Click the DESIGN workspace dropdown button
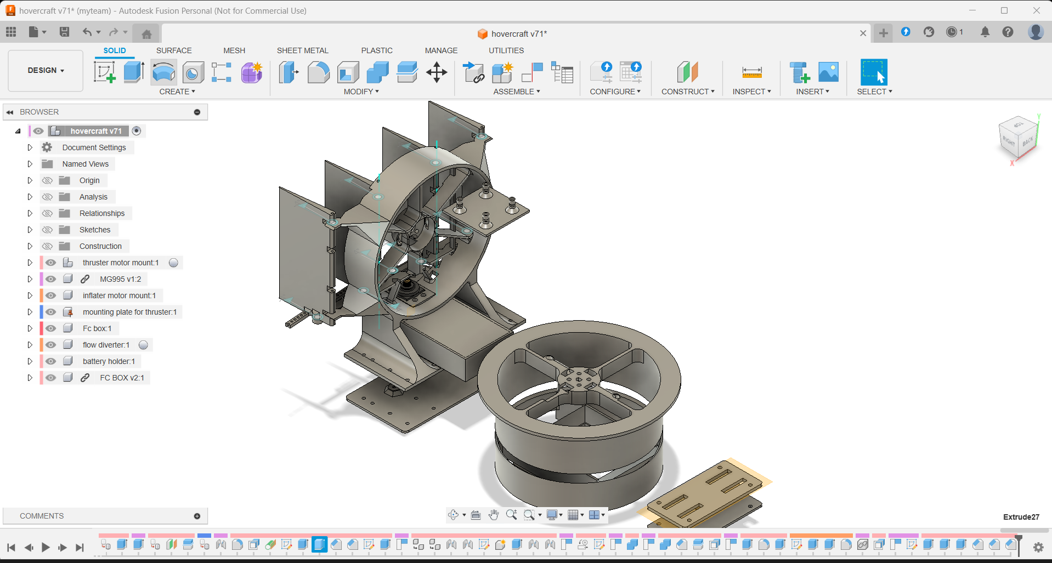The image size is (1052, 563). [46, 70]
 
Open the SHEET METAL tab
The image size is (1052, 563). [302, 50]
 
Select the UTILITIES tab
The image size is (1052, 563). [506, 50]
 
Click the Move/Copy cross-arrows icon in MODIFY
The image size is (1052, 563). [437, 72]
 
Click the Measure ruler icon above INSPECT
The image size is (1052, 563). [751, 72]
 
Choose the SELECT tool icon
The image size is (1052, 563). [873, 72]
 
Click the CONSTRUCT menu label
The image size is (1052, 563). [687, 92]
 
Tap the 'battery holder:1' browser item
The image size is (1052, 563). [109, 361]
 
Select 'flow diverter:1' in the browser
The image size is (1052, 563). [106, 345]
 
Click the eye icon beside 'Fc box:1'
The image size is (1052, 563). [51, 328]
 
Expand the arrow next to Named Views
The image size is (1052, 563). [30, 164]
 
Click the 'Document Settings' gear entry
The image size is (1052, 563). [94, 147]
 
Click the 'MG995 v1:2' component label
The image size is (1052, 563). [120, 279]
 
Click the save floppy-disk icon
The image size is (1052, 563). [64, 32]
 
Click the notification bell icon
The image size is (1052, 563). [985, 32]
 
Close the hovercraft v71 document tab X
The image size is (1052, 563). [863, 33]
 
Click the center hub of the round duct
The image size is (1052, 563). [578, 379]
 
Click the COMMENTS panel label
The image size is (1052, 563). [42, 516]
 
